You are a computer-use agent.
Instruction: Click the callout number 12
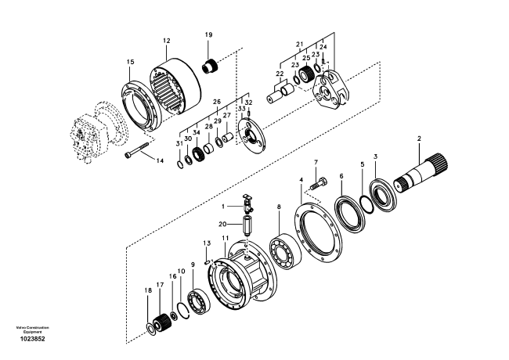[x=167, y=41]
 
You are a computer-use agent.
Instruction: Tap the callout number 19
[x=209, y=34]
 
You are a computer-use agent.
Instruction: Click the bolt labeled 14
[x=136, y=149]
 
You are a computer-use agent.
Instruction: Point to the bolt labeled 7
[x=319, y=183]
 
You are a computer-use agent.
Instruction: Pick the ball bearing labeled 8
[x=282, y=250]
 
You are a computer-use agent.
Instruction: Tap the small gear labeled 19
[x=211, y=67]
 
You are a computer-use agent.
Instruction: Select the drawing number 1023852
[x=32, y=339]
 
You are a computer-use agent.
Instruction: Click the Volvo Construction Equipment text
[x=32, y=329]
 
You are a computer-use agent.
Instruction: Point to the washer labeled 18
[x=151, y=329]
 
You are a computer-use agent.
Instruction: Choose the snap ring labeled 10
[x=183, y=311]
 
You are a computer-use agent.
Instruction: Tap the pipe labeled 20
[x=247, y=225]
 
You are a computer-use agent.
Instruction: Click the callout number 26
[x=217, y=102]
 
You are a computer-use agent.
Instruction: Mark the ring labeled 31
[x=180, y=164]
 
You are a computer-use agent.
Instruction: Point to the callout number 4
[x=301, y=180]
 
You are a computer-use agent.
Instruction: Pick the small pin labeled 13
[x=207, y=262]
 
